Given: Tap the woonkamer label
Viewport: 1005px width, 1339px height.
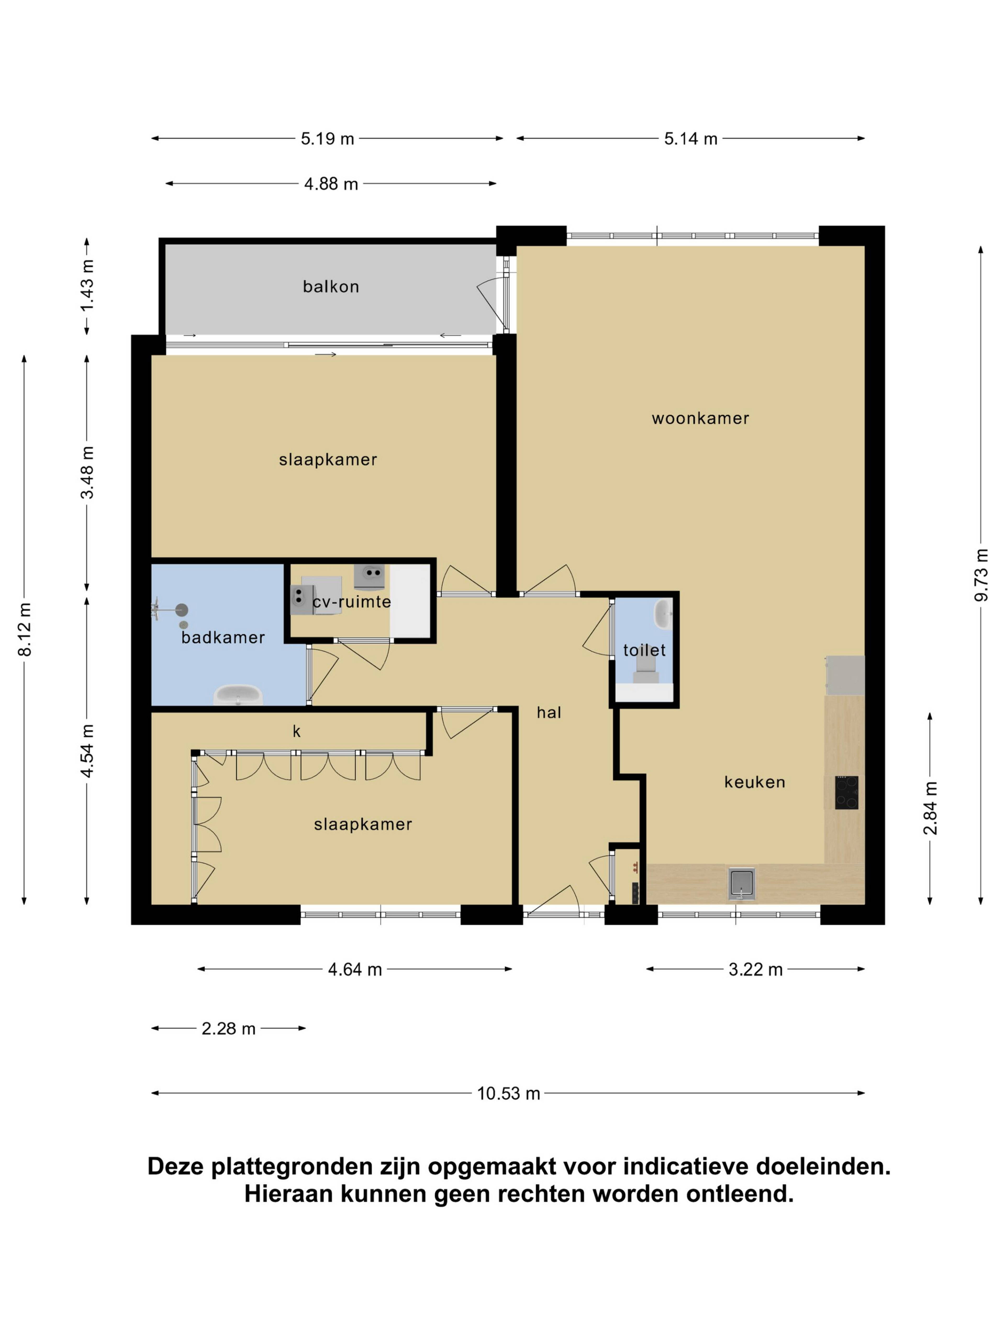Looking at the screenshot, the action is [700, 418].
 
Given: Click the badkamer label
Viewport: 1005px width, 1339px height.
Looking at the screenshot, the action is [223, 637].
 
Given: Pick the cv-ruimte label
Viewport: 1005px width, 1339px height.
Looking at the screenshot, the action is [351, 602].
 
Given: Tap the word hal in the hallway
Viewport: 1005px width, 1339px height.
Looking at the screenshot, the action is [549, 712].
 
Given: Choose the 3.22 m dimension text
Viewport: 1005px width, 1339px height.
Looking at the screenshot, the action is [755, 970].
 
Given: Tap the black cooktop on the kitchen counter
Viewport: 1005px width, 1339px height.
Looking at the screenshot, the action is [846, 792].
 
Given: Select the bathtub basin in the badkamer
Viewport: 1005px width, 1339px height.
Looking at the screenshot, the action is [238, 695].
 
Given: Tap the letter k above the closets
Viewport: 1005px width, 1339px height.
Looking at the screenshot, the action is [297, 732].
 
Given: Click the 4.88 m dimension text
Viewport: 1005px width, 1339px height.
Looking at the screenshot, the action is [331, 184].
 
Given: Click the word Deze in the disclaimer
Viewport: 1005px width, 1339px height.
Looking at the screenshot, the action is [177, 1166].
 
